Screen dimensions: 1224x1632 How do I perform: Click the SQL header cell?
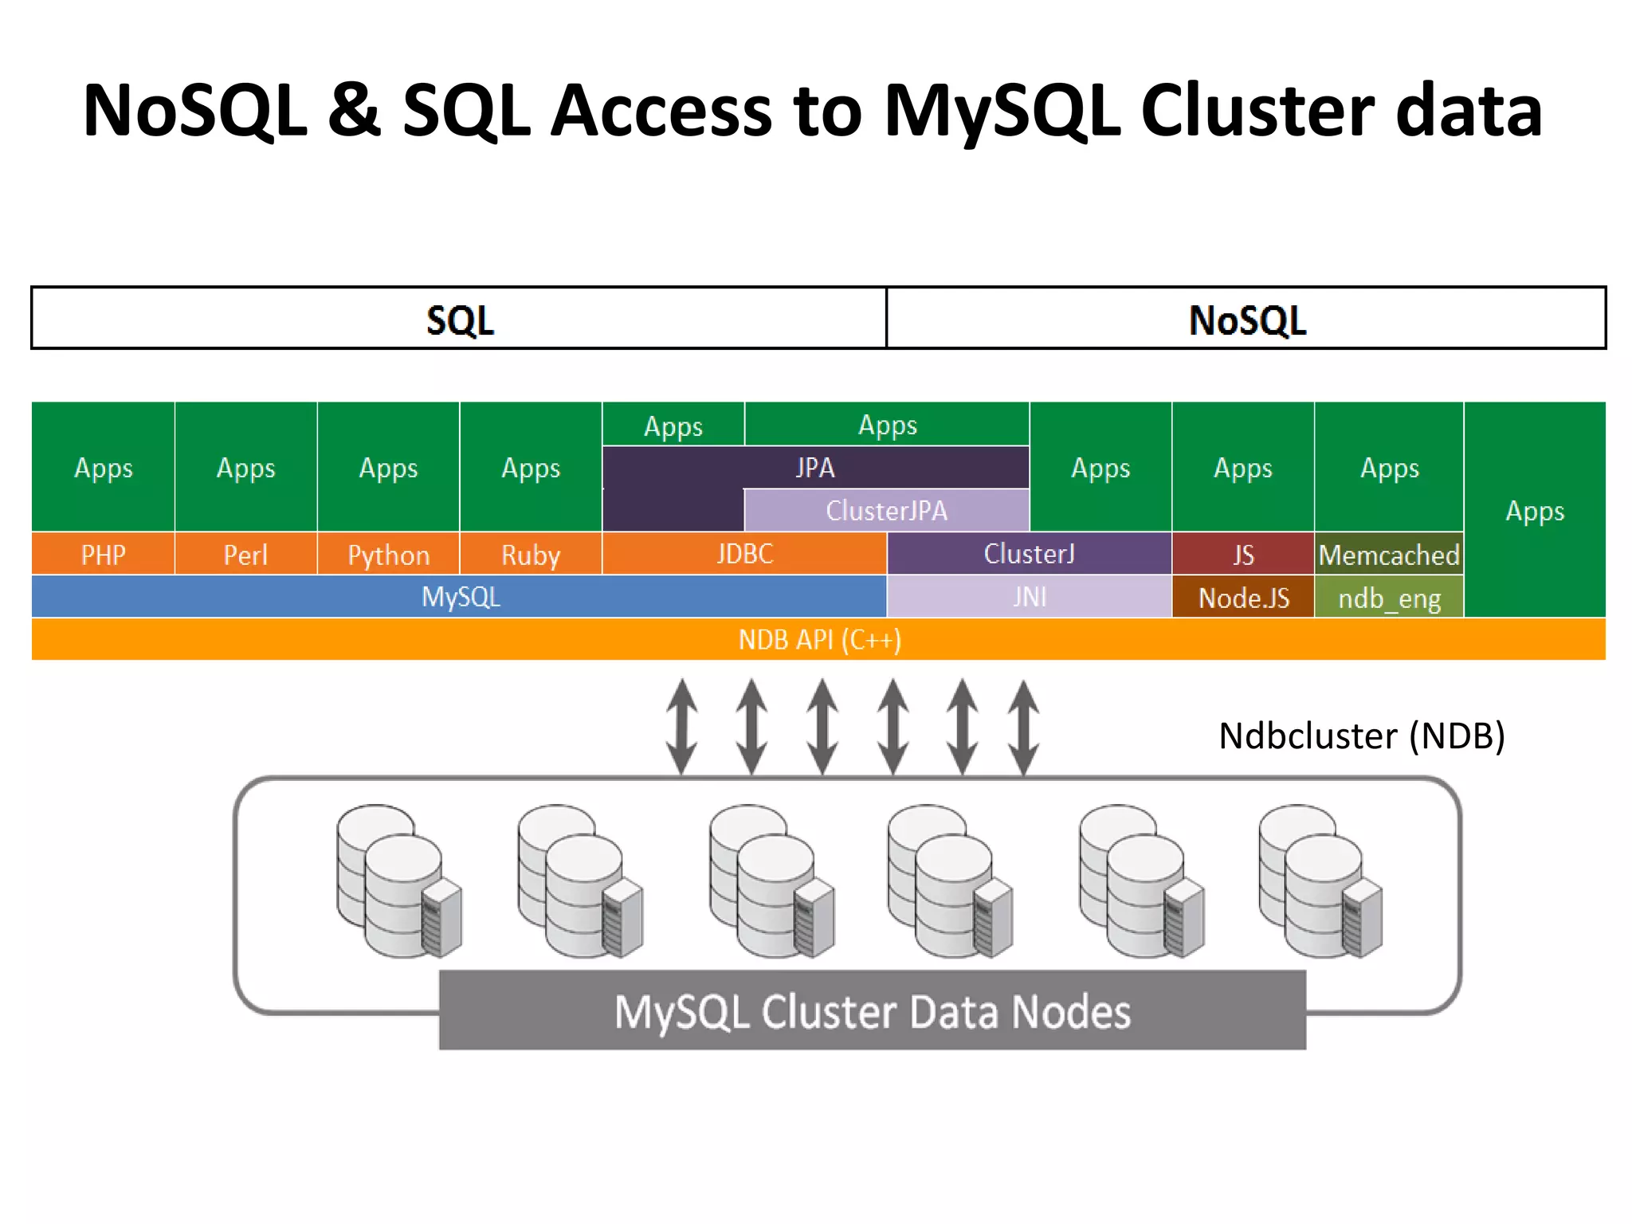[x=459, y=319]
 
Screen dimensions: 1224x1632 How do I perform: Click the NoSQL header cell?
[x=1246, y=319]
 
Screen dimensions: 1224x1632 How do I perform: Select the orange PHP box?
[x=103, y=554]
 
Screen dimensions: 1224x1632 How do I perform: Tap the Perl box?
[x=245, y=554]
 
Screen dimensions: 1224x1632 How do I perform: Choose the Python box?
[x=388, y=554]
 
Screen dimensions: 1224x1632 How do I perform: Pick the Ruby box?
[x=531, y=554]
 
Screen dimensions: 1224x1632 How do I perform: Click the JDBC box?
[x=744, y=553]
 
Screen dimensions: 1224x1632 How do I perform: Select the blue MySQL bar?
[x=460, y=597]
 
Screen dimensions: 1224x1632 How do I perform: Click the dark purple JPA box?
[x=814, y=467]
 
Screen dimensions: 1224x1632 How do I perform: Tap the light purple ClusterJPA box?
[x=886, y=510]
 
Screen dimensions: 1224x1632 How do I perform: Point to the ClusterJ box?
[x=1029, y=553]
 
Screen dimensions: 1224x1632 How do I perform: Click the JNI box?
[x=1029, y=597]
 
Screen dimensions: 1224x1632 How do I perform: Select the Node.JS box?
[x=1243, y=598]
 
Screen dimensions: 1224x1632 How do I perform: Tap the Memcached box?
[x=1388, y=554]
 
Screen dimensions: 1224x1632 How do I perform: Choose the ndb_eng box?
[x=1388, y=598]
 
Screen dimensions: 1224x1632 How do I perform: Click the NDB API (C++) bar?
[x=819, y=639]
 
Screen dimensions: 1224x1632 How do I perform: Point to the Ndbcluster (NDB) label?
[x=1361, y=736]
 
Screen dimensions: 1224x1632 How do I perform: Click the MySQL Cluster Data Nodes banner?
[x=872, y=1010]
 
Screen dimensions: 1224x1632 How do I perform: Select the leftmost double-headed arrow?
[x=682, y=726]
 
